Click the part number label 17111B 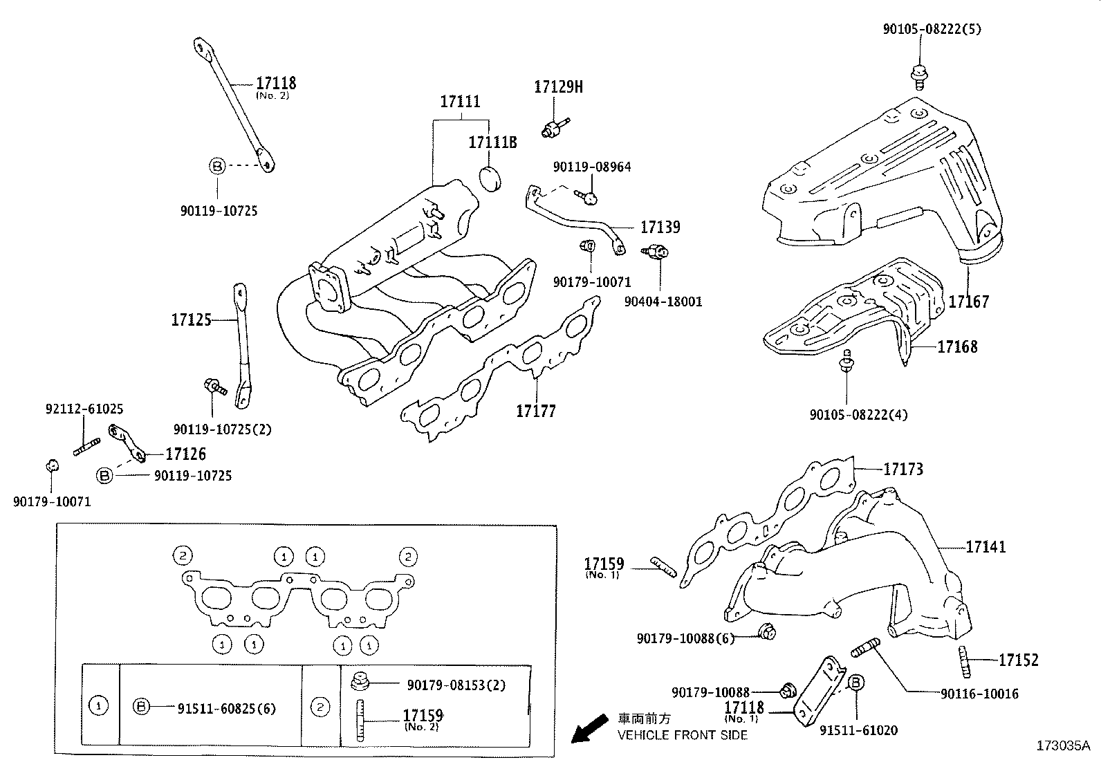(x=492, y=142)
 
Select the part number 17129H (x=558, y=87)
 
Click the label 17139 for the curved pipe (x=660, y=227)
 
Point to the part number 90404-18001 (x=663, y=302)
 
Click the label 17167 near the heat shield (x=968, y=302)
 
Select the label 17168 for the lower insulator (x=957, y=346)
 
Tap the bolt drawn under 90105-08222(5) (x=920, y=74)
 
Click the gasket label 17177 (x=535, y=411)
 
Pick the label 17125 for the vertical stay (x=191, y=320)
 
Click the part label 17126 (x=185, y=454)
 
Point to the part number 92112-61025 (x=85, y=409)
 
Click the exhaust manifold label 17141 (x=986, y=547)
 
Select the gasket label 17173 (x=903, y=470)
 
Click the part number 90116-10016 (x=979, y=694)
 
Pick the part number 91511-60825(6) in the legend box (x=226, y=708)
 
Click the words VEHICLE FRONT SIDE (x=682, y=735)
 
